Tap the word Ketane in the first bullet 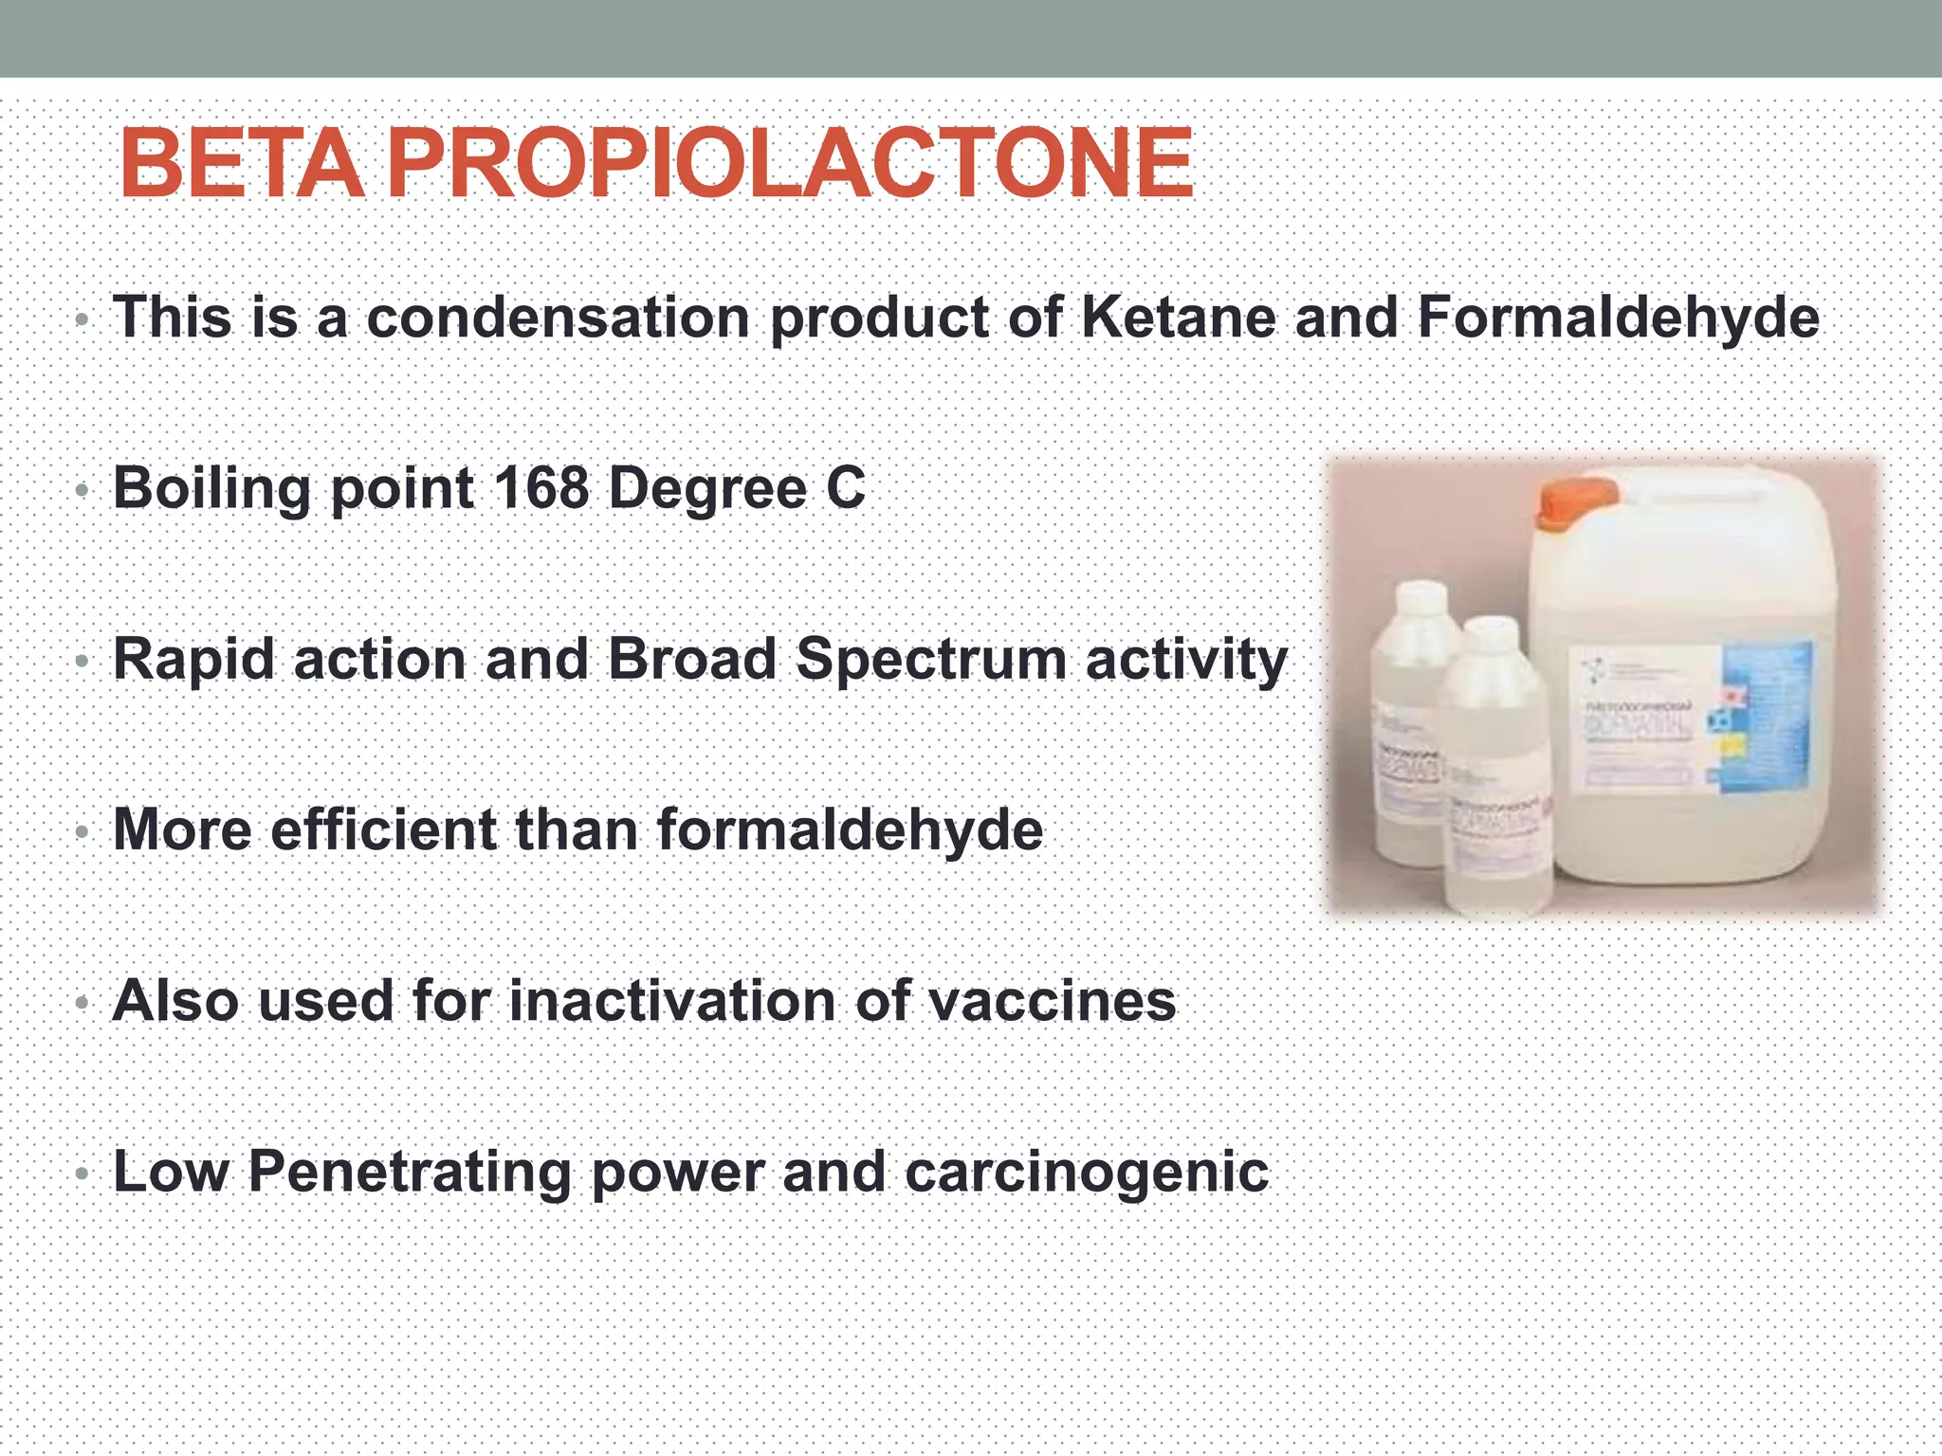pyautogui.click(x=1178, y=317)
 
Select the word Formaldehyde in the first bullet pyautogui.click(x=1618, y=317)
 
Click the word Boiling pyautogui.click(x=211, y=489)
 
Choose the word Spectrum pyautogui.click(x=931, y=659)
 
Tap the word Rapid pyautogui.click(x=193, y=659)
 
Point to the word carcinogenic pyautogui.click(x=1087, y=1174)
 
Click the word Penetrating pyautogui.click(x=409, y=1174)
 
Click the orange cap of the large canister pyautogui.click(x=1576, y=503)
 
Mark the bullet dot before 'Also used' pyautogui.click(x=82, y=1003)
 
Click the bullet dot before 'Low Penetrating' pyautogui.click(x=82, y=1174)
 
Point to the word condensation pyautogui.click(x=559, y=317)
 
